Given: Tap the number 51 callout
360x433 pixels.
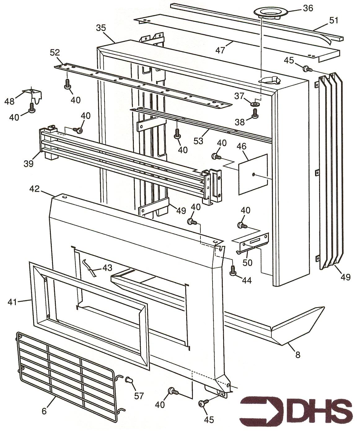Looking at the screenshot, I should coord(334,20).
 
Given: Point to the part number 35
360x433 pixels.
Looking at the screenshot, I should coord(101,28).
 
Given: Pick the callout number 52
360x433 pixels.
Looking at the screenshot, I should coord(55,53).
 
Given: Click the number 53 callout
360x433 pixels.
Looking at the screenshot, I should coord(198,141).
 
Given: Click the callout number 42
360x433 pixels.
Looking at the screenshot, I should coord(35,189).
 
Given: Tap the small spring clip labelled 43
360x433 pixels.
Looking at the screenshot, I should coord(90,267).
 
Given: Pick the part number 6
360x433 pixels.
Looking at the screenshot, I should coord(44,411).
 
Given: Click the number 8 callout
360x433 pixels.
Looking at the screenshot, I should coord(298,355).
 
